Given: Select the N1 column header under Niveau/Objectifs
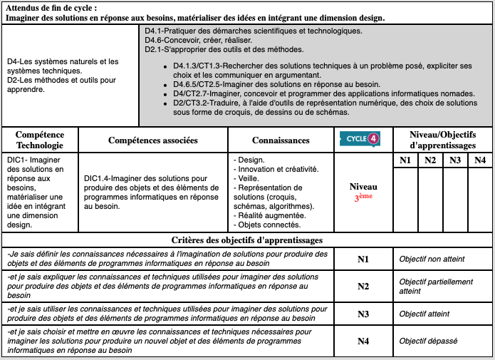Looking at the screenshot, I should pos(405,160).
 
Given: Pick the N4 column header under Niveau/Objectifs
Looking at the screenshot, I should pos(479,160).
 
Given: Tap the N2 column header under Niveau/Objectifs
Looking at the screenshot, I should pos(430,160).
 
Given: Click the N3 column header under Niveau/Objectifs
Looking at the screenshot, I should pos(455,160).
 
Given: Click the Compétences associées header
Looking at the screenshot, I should pos(152,140).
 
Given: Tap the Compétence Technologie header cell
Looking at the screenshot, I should pos(40,140).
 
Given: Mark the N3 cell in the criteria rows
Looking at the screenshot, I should pos(363,314).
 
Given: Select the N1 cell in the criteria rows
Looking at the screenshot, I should pos(363,259).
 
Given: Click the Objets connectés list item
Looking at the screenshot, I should pos(266,225).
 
